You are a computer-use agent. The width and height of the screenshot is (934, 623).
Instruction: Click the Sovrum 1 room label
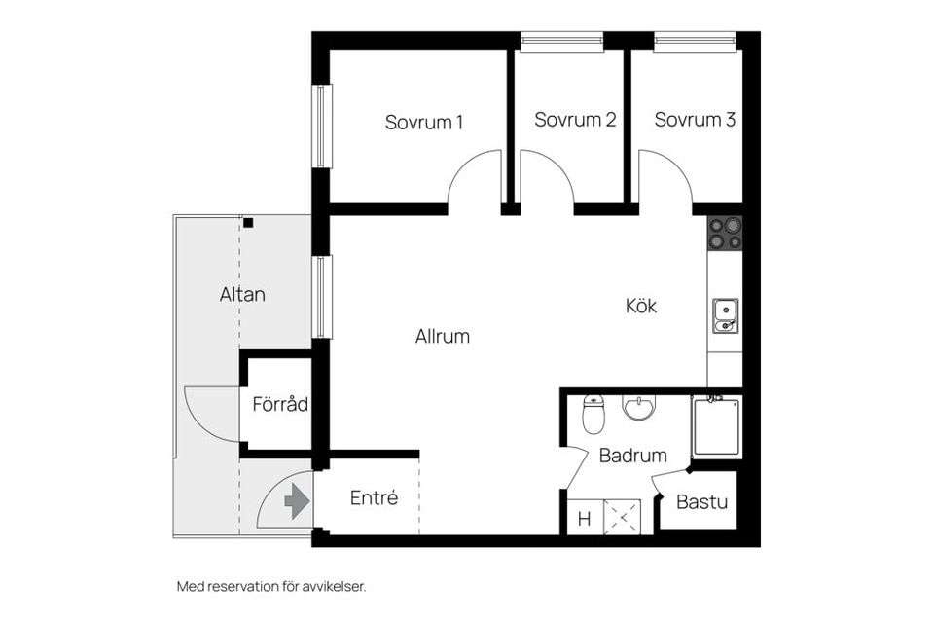pos(423,123)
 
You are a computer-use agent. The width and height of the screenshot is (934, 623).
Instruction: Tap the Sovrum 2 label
pos(575,121)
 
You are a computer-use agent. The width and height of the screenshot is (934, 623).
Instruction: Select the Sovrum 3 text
pos(695,121)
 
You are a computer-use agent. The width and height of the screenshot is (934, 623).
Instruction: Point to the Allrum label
pos(443,337)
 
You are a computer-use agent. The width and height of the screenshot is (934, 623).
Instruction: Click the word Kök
pos(641,306)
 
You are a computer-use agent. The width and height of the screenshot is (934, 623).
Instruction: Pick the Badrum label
pos(632,456)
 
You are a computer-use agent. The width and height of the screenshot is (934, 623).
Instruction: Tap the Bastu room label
pos(701,503)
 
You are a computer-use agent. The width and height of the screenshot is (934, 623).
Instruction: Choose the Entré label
pos(374,498)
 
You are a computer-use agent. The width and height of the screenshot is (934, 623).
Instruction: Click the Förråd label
pos(280,404)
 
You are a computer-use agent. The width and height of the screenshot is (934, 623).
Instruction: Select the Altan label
pos(242,294)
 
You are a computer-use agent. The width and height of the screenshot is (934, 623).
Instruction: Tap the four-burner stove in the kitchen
pos(725,234)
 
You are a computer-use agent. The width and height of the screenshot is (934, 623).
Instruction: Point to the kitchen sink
pos(725,315)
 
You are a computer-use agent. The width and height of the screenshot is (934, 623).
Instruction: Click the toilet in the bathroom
pos(593,415)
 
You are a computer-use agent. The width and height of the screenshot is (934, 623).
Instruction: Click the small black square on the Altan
pos(248,223)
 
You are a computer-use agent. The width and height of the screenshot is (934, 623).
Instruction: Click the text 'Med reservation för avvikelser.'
pos(271,587)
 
